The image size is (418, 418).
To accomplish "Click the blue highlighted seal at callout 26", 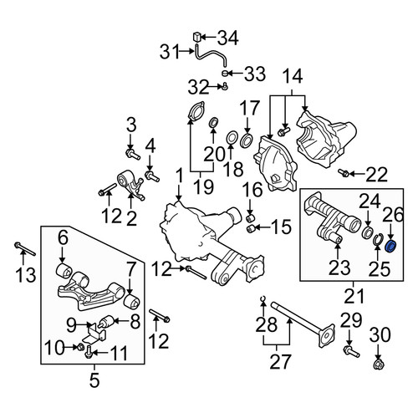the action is [390, 247].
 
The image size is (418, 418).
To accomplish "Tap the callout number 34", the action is [228, 38].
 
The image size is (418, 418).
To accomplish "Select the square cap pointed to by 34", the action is [197, 37].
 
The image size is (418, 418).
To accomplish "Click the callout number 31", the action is [170, 52].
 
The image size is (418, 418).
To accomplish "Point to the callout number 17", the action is [250, 108].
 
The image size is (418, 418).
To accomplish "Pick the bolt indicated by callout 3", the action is [133, 154].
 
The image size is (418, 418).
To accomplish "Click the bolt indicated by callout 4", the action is [152, 176].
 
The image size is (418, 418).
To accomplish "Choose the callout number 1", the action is [180, 176].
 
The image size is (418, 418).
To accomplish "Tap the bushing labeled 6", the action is [64, 270].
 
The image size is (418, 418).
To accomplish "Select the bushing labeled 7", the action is [132, 300].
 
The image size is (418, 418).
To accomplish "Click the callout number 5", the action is [94, 380].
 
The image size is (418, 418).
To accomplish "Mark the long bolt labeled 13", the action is [25, 249].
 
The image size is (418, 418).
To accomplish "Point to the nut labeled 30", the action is [379, 364].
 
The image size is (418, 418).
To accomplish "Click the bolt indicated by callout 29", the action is [351, 352].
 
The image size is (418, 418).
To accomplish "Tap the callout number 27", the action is [280, 361].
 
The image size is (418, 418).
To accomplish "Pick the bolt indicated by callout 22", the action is [344, 173].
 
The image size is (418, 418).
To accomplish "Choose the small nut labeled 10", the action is [80, 347].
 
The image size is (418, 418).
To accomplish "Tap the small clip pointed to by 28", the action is [263, 299].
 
